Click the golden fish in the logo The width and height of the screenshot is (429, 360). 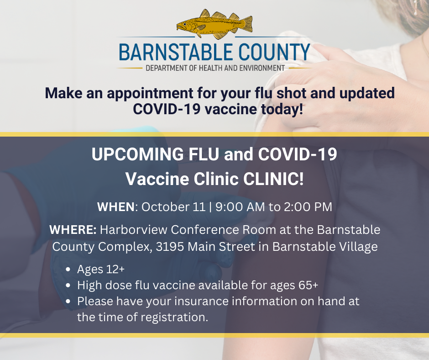pyautogui.click(x=214, y=24)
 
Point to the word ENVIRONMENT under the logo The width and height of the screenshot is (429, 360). pyautogui.click(x=262, y=68)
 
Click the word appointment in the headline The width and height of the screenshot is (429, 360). pyautogui.click(x=150, y=93)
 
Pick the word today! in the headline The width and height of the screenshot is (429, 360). pyautogui.click(x=282, y=109)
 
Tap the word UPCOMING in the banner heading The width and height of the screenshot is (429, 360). pyautogui.click(x=138, y=154)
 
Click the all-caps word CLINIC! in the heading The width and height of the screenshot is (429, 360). pyautogui.click(x=273, y=179)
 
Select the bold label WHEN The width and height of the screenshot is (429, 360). pyautogui.click(x=116, y=207)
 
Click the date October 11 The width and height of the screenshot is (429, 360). pyautogui.click(x=173, y=207)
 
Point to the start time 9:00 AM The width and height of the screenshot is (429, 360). pyautogui.click(x=240, y=207)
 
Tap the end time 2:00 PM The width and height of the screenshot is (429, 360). pyautogui.click(x=308, y=207)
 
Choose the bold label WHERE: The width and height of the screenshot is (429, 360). pyautogui.click(x=73, y=230)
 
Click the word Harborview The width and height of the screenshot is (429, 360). pyautogui.click(x=134, y=230)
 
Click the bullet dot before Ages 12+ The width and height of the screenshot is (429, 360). pyautogui.click(x=68, y=270)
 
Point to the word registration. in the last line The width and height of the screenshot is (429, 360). pyautogui.click(x=174, y=317)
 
